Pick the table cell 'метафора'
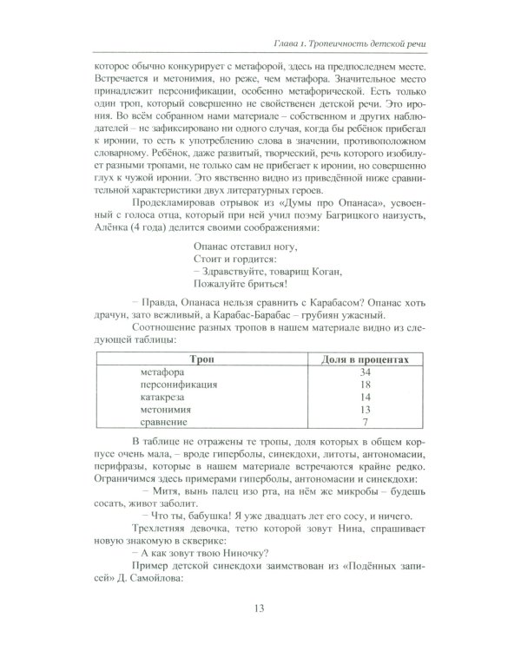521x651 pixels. [161, 372]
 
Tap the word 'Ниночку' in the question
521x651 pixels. [233, 548]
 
